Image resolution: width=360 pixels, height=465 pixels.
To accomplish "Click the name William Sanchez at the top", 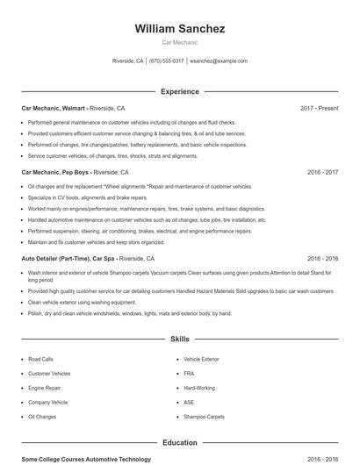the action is (x=180, y=29).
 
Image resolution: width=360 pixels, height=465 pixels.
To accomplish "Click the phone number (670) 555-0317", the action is (x=167, y=61).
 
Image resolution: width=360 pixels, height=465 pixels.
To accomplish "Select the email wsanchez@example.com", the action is (x=219, y=61).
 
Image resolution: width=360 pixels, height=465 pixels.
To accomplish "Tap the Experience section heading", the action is (x=180, y=91).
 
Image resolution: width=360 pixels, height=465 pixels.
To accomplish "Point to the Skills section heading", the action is (x=180, y=338).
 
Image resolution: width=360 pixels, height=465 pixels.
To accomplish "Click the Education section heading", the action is (x=180, y=443).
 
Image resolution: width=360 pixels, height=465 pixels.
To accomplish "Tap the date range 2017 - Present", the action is (x=319, y=108).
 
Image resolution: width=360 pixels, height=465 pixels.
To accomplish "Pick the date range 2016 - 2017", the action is (x=322, y=173).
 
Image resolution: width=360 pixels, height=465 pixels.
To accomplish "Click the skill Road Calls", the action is (x=40, y=360).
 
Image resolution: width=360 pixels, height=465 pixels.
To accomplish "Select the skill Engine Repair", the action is (x=44, y=388).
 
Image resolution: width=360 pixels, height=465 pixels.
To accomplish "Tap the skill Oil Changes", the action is (x=42, y=417).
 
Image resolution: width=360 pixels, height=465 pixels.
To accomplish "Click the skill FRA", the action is (x=190, y=374).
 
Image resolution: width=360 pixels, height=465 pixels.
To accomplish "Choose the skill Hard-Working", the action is (x=199, y=388).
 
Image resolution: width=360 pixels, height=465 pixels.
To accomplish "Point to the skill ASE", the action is (x=190, y=402).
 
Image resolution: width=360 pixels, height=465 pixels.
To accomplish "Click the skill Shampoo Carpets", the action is (x=205, y=417).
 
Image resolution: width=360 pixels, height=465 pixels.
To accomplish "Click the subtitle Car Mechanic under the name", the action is (x=180, y=43).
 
